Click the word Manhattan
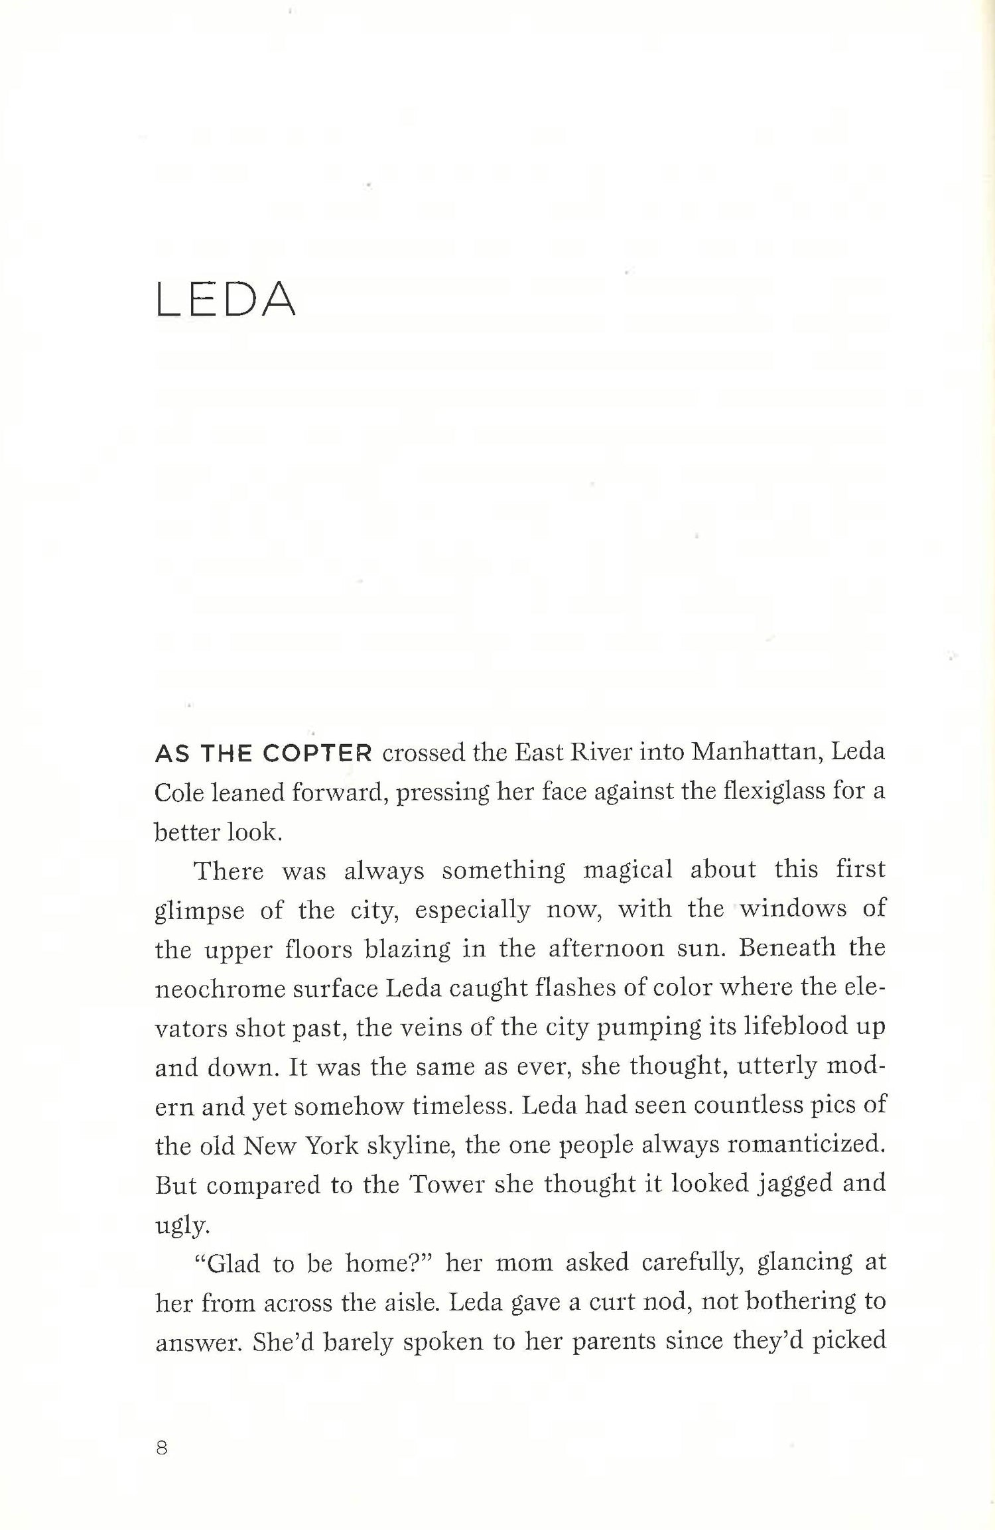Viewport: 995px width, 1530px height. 754,753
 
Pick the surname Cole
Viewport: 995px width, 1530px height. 178,793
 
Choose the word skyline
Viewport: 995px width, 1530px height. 410,1145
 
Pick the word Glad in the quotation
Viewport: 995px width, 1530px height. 233,1263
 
